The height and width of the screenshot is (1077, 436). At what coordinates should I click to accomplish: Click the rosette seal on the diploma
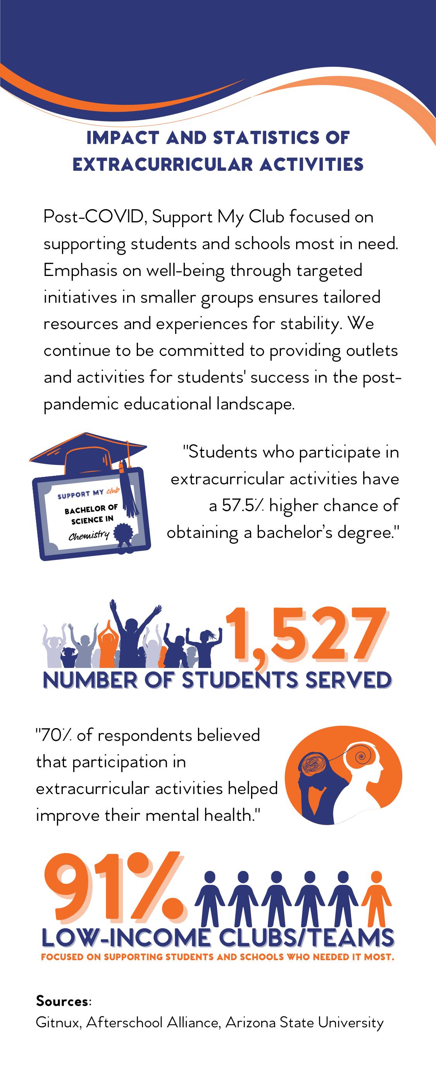tap(123, 536)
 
